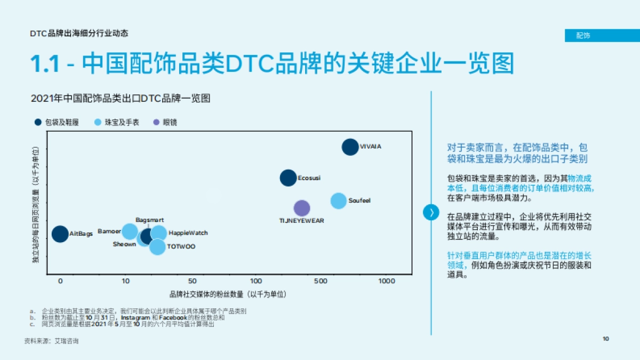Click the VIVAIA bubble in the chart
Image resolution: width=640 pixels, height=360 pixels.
pos(350,147)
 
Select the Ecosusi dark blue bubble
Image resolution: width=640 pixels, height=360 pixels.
pos(288,178)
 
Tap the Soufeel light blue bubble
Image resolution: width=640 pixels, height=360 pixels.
pos(339,201)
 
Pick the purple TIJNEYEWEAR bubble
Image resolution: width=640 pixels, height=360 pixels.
pos(302,208)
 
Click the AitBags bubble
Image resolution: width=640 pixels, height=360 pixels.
pos(60,234)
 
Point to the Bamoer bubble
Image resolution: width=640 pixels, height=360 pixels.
pos(130,231)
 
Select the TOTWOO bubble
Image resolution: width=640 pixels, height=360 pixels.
pos(157,246)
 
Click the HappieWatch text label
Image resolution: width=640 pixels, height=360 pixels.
pos(188,233)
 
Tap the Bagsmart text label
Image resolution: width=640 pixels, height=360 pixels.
pos(149,220)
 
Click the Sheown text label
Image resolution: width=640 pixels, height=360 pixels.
pos(124,244)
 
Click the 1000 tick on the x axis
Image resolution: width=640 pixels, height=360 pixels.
pos(386,281)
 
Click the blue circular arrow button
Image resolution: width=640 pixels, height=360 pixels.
pos(431,212)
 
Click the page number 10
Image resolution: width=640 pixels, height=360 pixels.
pos(606,339)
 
